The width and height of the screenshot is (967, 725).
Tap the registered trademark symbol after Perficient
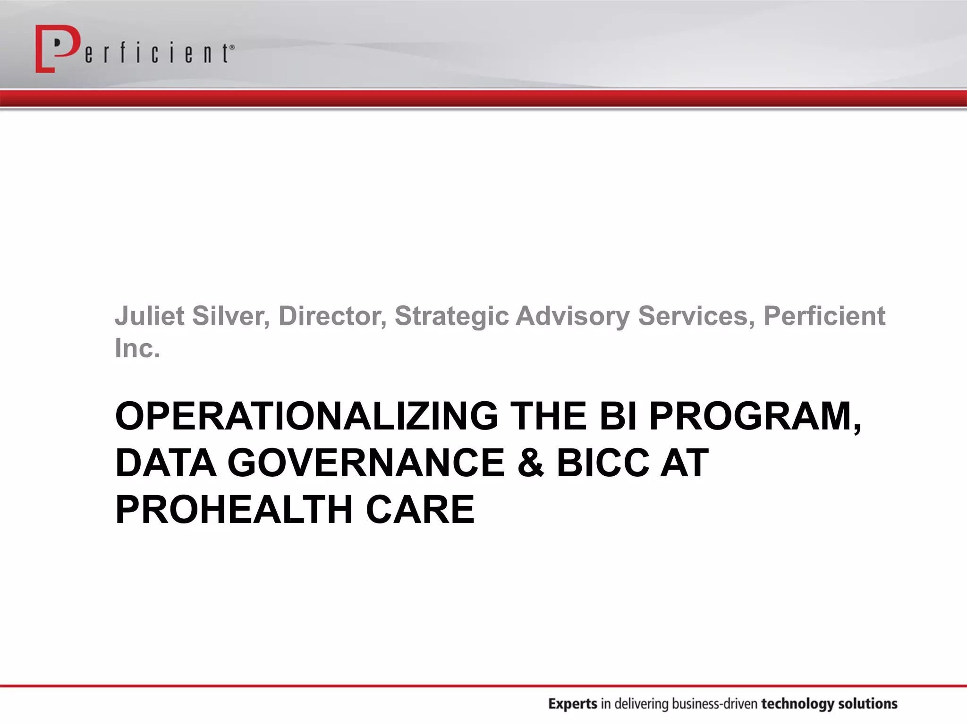pyautogui.click(x=231, y=47)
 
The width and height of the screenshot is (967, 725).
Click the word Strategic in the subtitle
pyautogui.click(x=451, y=317)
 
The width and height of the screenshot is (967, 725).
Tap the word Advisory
pyautogui.click(x=572, y=317)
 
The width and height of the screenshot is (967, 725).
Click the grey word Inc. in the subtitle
pyautogui.click(x=137, y=348)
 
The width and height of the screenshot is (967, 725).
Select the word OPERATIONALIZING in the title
pyautogui.click(x=306, y=416)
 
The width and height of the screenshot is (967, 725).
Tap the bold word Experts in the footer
pyautogui.click(x=573, y=704)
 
